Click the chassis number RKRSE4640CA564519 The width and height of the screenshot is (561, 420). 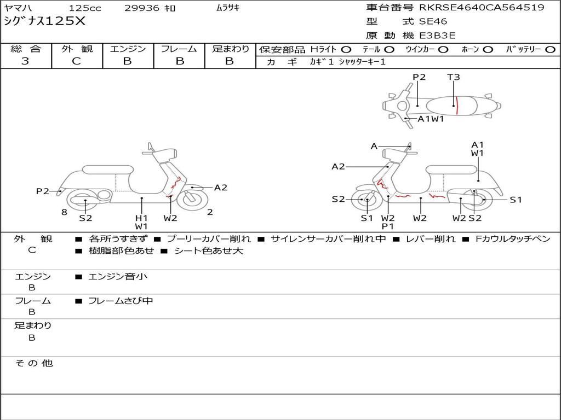[482, 8]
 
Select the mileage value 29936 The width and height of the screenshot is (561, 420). [142, 8]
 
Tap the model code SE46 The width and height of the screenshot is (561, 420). [433, 22]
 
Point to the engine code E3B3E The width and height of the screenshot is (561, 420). [438, 36]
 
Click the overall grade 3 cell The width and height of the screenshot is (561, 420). [25, 61]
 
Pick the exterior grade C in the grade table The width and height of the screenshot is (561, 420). [76, 61]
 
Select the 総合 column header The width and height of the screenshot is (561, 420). [25, 49]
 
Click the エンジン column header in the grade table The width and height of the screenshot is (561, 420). [128, 49]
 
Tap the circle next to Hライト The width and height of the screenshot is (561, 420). [347, 50]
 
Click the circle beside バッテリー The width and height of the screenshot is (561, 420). [551, 50]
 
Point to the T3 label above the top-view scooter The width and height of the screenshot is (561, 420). [454, 77]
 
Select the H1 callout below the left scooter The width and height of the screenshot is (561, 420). [141, 218]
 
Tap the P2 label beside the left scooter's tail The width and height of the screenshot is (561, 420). [43, 191]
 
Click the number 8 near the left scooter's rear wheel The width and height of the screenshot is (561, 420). [64, 212]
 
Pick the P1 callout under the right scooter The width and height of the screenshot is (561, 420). [388, 226]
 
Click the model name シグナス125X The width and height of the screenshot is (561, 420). [45, 22]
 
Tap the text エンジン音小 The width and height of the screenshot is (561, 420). [118, 277]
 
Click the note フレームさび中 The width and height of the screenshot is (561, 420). [121, 301]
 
